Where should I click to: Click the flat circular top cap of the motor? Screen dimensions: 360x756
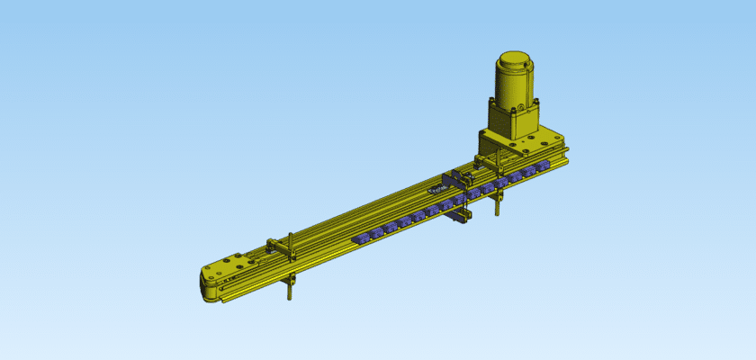pos(515,60)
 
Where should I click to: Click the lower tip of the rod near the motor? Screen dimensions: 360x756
pos(496,214)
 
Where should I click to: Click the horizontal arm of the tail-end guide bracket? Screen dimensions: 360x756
pos(279,245)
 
